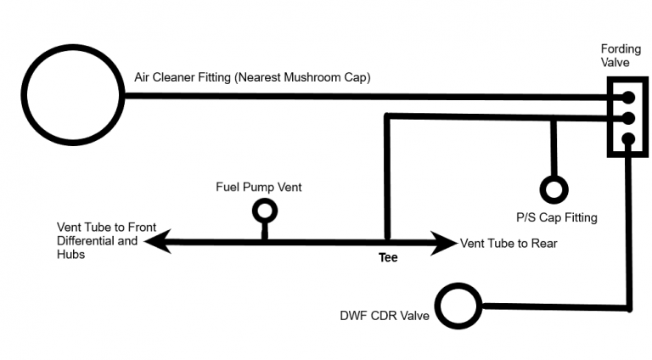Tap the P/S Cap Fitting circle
554,188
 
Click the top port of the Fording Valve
627,98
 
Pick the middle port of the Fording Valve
627,118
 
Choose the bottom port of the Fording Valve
627,139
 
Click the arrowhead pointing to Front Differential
155,243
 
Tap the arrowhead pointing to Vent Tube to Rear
445,243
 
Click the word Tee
388,257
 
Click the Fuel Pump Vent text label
259,187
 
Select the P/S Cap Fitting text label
556,217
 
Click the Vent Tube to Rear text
509,243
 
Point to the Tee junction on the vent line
387,243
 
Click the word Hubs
71,255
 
